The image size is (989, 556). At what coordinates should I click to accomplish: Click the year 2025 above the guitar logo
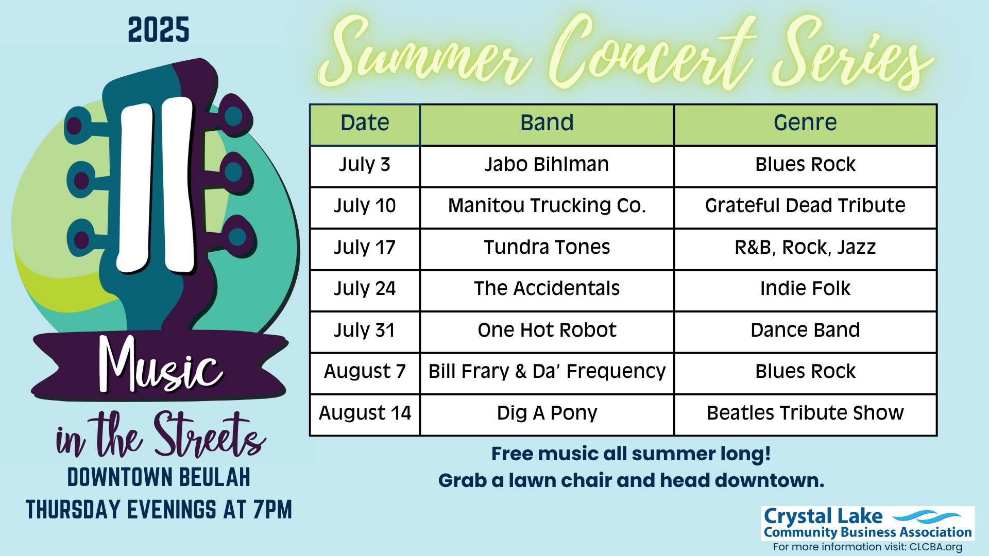(159, 30)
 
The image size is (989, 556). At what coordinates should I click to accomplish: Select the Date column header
(365, 125)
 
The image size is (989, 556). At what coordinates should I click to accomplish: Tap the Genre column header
(805, 125)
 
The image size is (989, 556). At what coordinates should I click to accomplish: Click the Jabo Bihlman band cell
(547, 166)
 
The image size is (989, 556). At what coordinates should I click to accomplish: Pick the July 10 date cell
(365, 207)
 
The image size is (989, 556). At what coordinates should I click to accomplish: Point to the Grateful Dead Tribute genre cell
(805, 207)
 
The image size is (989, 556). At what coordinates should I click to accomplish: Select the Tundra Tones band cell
(547, 249)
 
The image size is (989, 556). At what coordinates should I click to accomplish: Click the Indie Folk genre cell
(805, 290)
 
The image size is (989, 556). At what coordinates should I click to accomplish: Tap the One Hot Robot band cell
(547, 332)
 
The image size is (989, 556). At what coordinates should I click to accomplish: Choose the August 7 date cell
(365, 373)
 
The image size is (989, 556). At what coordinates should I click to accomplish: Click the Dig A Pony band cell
(547, 415)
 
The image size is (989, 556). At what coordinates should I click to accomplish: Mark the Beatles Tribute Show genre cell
(805, 415)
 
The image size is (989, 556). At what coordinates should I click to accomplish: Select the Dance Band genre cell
(805, 332)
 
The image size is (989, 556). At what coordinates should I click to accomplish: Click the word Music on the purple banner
(161, 365)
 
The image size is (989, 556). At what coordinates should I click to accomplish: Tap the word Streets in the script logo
(210, 436)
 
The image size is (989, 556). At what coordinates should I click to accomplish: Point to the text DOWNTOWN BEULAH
(159, 478)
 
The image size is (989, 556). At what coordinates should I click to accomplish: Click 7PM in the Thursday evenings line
(272, 510)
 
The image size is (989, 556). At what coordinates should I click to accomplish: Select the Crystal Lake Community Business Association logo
(867, 523)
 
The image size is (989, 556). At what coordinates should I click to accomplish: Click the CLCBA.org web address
(935, 547)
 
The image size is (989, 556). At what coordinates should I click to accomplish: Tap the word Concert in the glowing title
(651, 54)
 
